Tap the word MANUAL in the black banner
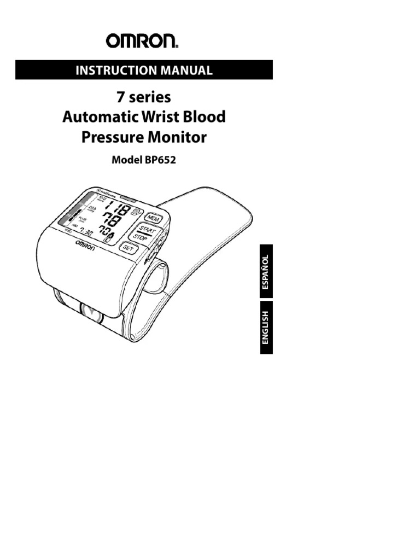pos(185,70)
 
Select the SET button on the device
pos(129,247)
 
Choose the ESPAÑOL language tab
pos(266,272)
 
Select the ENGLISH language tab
pos(266,327)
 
